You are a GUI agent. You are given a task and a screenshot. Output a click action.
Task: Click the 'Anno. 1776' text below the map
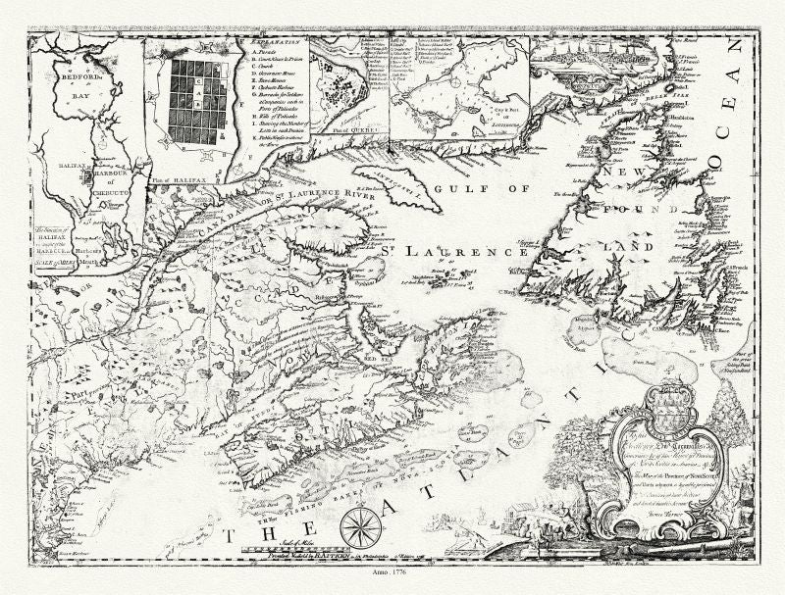coord(393,582)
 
